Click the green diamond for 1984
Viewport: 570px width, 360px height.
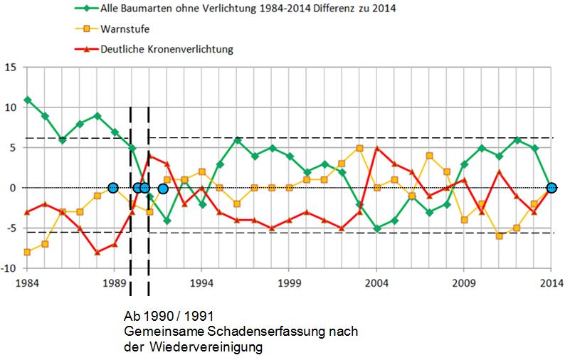click(x=27, y=100)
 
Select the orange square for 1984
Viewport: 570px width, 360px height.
click(x=27, y=252)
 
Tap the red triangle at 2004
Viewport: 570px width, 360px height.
click(x=376, y=148)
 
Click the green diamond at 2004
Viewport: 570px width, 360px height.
click(x=376, y=228)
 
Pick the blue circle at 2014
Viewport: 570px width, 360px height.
click(x=551, y=188)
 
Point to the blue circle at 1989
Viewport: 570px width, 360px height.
click(x=113, y=188)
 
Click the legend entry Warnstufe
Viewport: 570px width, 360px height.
click(x=125, y=29)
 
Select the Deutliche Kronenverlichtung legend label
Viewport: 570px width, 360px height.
click(x=167, y=49)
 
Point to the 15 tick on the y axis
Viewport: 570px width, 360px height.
click(x=10, y=68)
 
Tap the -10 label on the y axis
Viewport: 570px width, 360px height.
click(x=9, y=268)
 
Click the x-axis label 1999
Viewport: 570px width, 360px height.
click(x=289, y=282)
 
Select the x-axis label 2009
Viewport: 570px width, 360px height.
click(x=464, y=282)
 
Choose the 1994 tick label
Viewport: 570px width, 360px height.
click(x=201, y=282)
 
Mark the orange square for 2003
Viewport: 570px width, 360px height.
click(x=359, y=148)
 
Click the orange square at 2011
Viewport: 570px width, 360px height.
click(x=499, y=236)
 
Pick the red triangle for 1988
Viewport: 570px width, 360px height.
click(x=97, y=252)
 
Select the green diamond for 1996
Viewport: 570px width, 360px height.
click(x=237, y=140)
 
